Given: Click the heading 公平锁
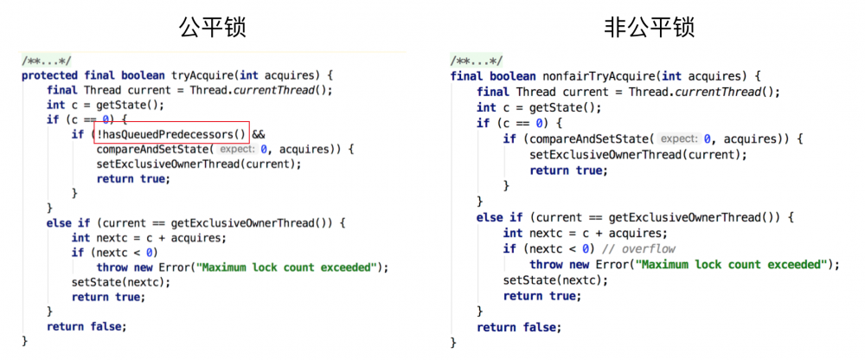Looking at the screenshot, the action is tap(213, 27).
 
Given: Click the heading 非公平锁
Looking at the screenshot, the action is tap(649, 27).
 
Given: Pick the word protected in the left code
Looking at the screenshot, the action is tap(50, 75).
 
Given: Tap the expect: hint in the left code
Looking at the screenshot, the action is tap(238, 150).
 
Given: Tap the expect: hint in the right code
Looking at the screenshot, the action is tap(679, 139).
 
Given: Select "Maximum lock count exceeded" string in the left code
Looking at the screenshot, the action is tap(290, 267).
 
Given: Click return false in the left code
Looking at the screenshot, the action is tap(86, 327).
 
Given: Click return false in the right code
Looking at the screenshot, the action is tap(518, 328).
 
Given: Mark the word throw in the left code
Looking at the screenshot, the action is tap(112, 267).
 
